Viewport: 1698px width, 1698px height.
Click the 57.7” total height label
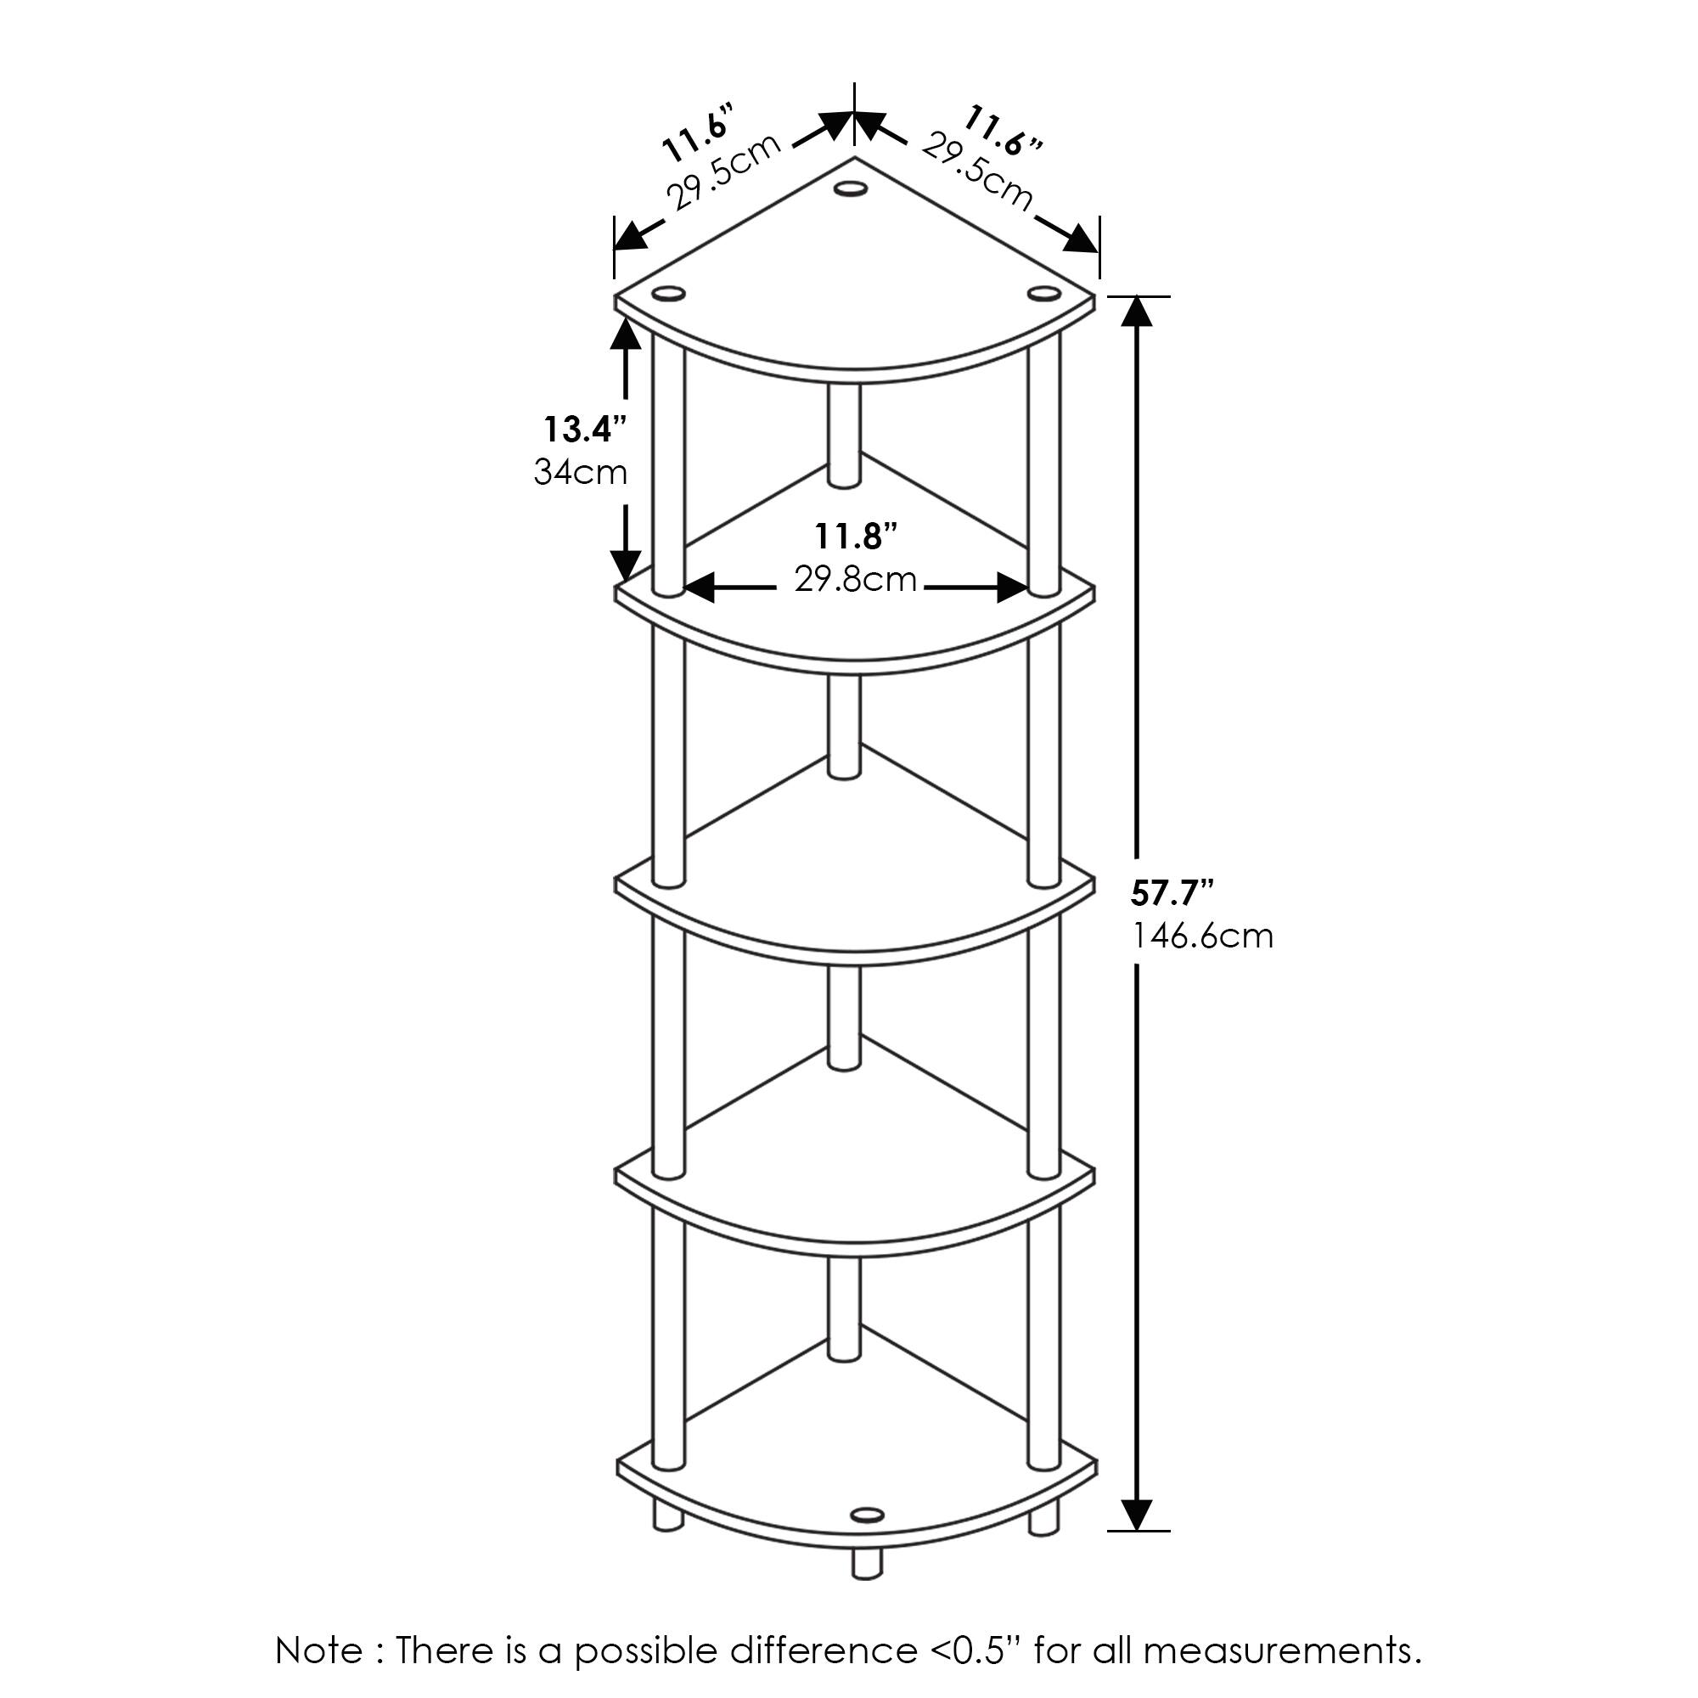point(1172,894)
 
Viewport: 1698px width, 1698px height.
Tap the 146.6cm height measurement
point(1201,936)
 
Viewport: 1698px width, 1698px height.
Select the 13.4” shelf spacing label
point(584,430)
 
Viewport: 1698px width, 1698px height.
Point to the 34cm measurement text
point(580,473)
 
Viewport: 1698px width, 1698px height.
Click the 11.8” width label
point(855,535)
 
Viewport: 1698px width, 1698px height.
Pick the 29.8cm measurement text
point(855,580)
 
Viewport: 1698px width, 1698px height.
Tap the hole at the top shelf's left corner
point(668,293)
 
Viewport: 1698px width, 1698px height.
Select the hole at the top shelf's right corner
point(1044,293)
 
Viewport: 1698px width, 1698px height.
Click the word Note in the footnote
point(319,1650)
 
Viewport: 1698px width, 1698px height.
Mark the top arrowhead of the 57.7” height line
point(1139,311)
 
